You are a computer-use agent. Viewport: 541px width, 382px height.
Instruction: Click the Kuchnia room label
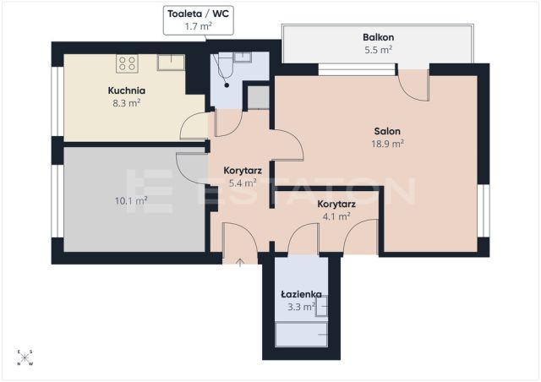click(126, 90)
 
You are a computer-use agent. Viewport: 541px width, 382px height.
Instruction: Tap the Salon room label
click(387, 132)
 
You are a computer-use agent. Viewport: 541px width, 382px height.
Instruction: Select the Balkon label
click(378, 37)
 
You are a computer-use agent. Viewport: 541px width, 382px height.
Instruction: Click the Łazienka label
click(301, 294)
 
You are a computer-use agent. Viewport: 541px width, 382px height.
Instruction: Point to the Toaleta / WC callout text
click(198, 14)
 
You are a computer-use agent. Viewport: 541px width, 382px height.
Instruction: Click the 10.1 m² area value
click(131, 200)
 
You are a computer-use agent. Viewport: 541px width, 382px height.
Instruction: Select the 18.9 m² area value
click(387, 144)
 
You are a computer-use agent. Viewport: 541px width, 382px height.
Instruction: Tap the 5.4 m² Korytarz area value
click(243, 183)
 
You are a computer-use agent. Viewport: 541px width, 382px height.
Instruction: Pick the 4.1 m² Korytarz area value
click(336, 216)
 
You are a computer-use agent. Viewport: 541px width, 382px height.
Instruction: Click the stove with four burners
click(127, 63)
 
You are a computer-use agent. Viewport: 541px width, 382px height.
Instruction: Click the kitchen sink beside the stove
click(171, 63)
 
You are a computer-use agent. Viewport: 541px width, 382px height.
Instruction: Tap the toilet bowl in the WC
click(226, 65)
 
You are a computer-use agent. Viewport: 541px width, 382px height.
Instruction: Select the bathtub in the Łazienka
click(301, 335)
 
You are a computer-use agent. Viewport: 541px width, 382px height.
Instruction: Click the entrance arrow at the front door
click(240, 263)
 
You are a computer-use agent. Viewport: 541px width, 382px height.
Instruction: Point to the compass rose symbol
click(25, 357)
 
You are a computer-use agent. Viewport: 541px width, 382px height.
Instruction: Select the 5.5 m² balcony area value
click(378, 50)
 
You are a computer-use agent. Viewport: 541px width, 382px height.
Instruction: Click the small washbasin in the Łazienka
click(321, 306)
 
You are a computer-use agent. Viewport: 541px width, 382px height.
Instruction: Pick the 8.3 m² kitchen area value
click(126, 103)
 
